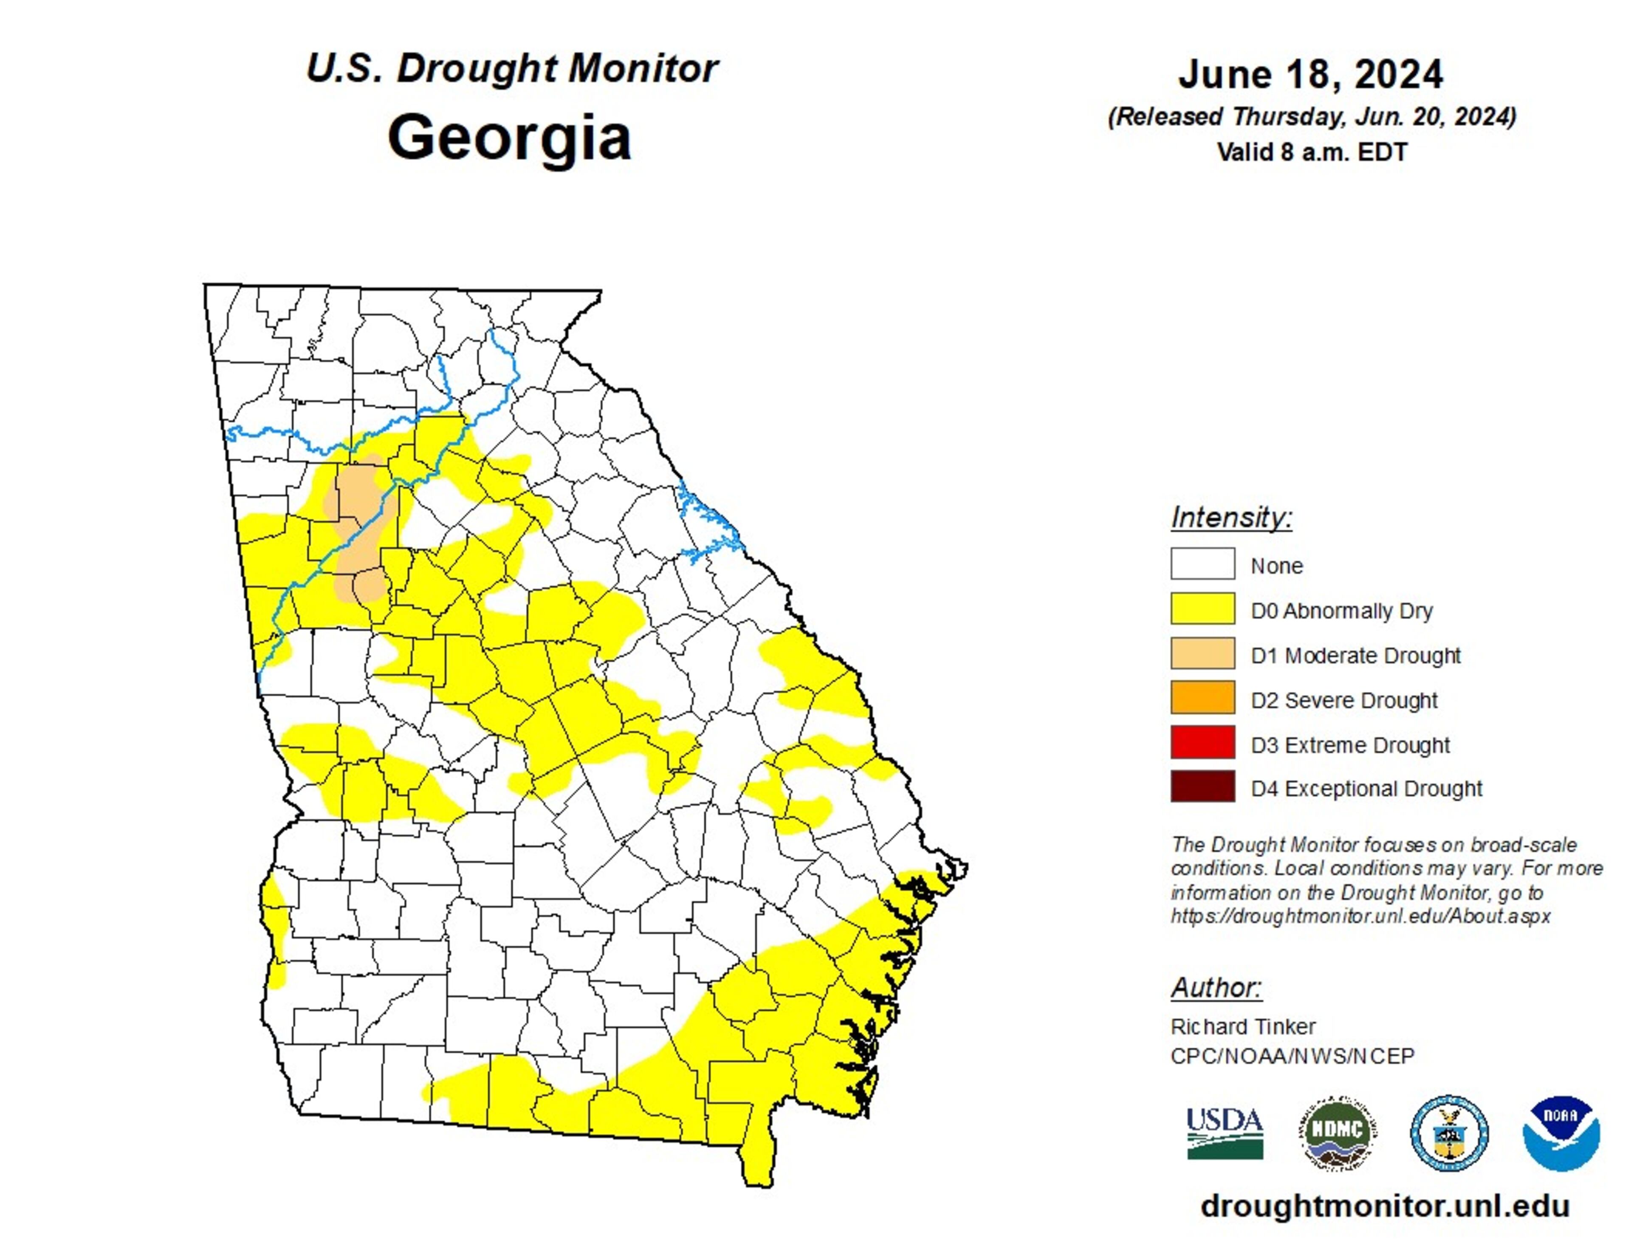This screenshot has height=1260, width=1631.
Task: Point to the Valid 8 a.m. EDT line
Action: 1311,152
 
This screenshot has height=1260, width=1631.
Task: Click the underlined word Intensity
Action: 1231,517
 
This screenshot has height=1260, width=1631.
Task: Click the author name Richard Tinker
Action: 1243,1027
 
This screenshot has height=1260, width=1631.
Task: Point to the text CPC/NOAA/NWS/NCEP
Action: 1292,1056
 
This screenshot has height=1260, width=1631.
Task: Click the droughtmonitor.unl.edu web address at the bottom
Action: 1385,1206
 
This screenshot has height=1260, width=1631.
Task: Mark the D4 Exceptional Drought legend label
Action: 1366,789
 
